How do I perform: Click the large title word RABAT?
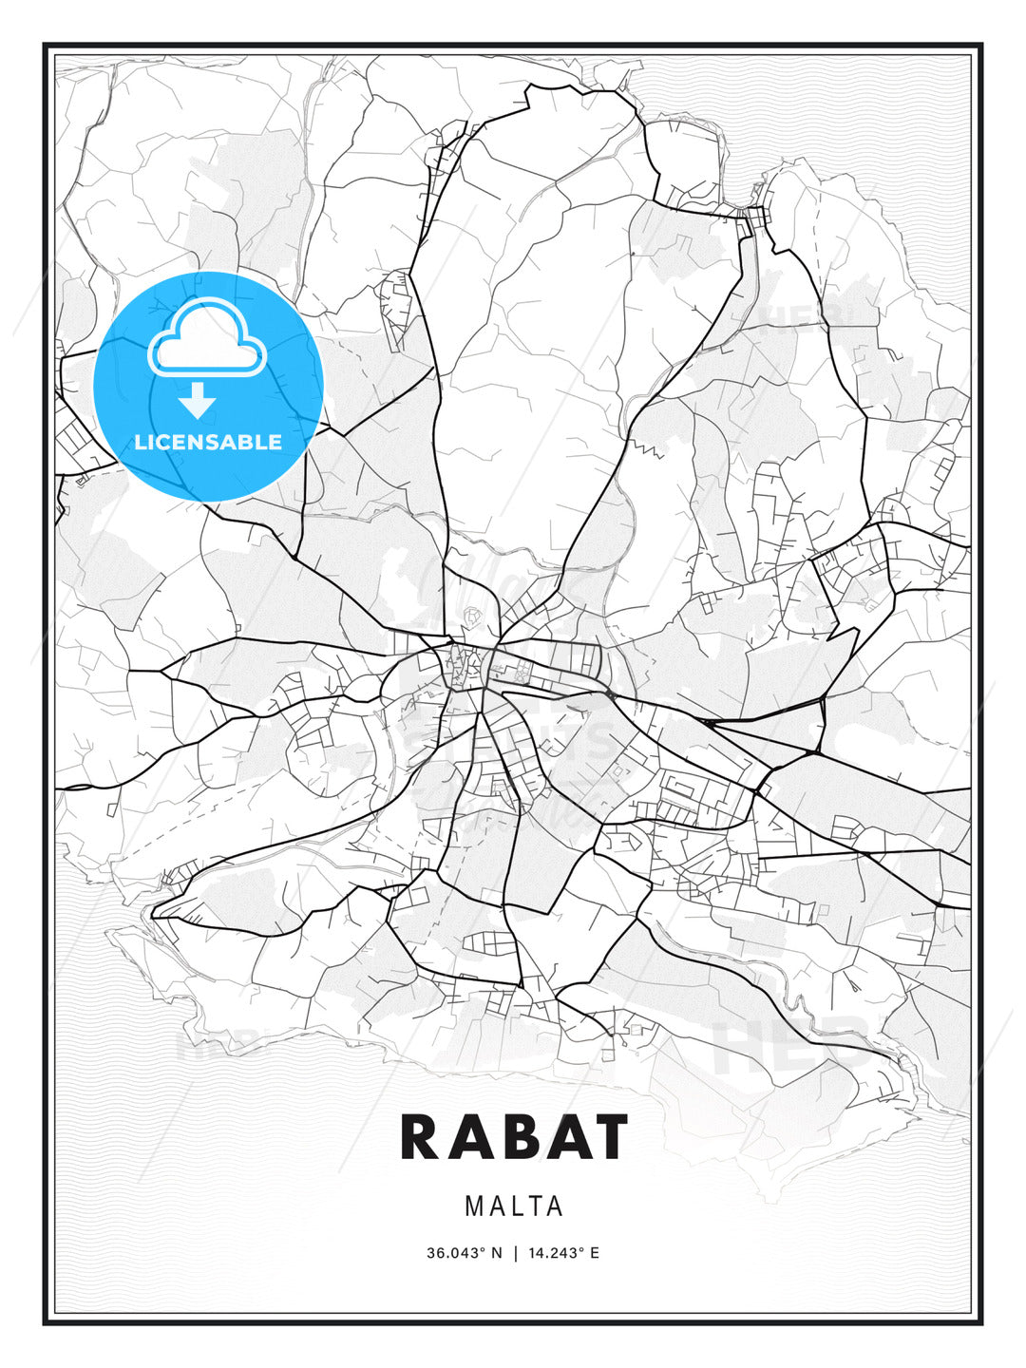(x=514, y=1136)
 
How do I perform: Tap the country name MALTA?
(x=514, y=1206)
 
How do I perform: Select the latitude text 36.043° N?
(x=464, y=1253)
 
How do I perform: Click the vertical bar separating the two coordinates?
(x=514, y=1253)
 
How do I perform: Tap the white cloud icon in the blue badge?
(x=208, y=338)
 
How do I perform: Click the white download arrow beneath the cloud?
(x=198, y=401)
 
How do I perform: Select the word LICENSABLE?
(x=208, y=442)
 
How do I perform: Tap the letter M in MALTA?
(x=475, y=1206)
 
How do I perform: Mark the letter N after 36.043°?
(x=495, y=1253)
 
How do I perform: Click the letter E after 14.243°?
(x=595, y=1253)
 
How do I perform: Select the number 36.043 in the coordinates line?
(x=453, y=1253)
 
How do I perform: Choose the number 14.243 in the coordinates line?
(x=554, y=1253)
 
